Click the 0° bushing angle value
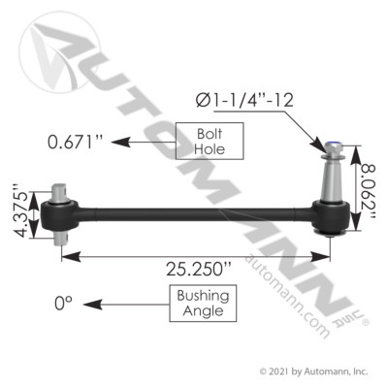(x=65, y=304)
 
